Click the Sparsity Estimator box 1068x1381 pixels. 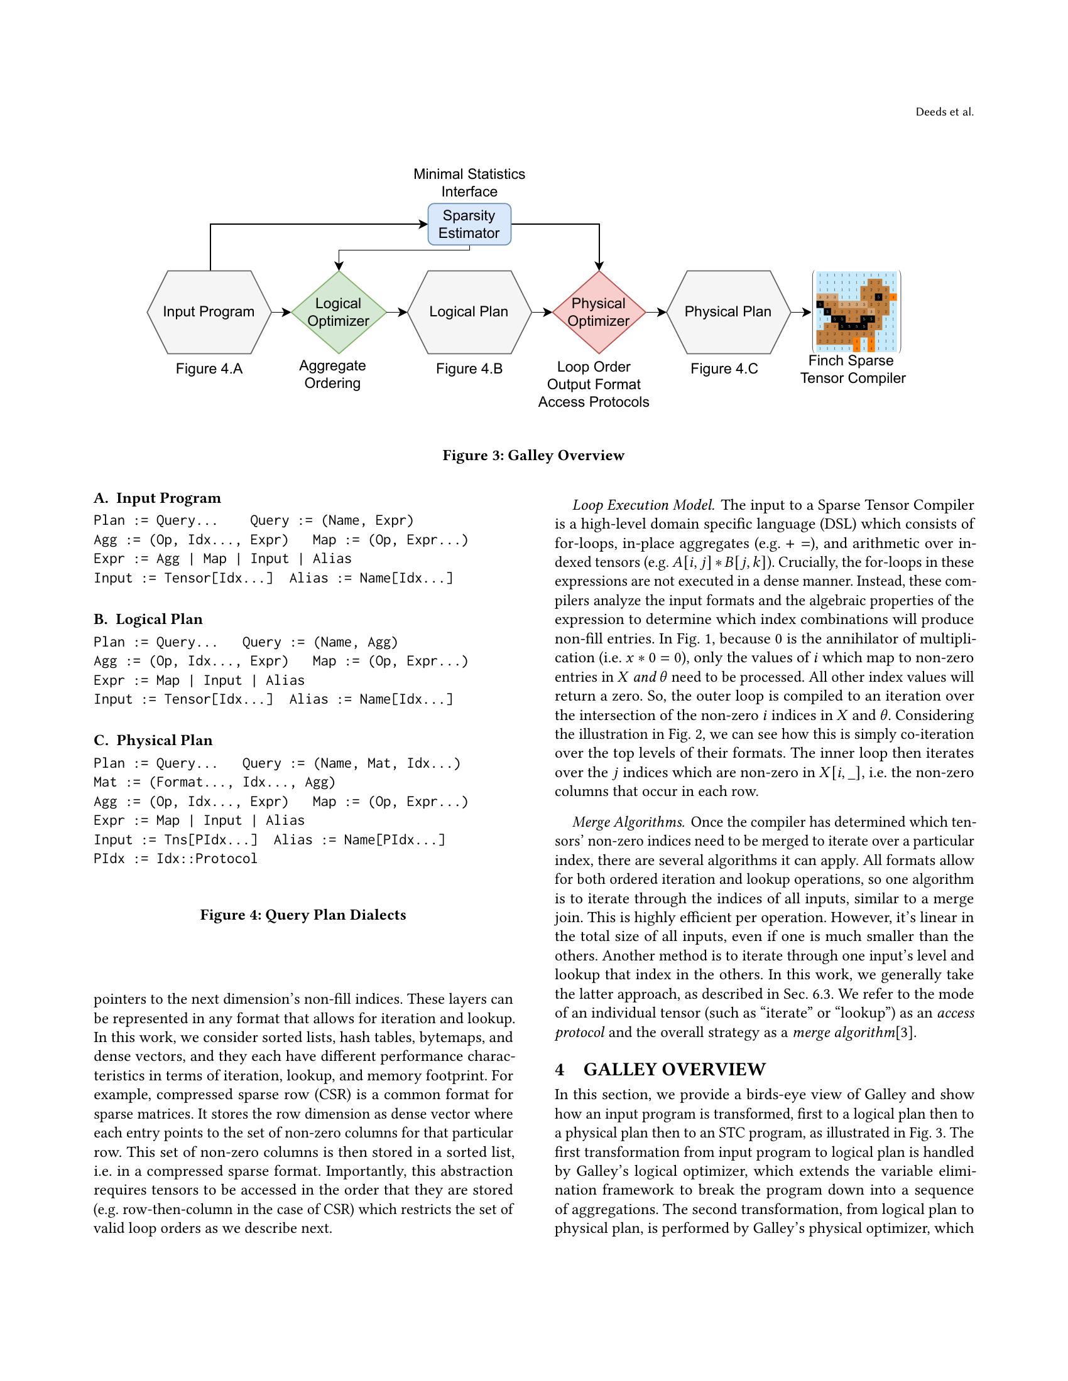pos(469,224)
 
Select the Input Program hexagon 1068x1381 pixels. pos(209,312)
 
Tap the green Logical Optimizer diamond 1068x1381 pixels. pos(339,312)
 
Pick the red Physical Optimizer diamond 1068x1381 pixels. pos(599,312)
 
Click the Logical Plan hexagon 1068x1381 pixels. pos(469,312)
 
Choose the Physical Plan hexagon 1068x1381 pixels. pos(728,312)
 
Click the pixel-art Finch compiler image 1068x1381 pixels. pos(856,312)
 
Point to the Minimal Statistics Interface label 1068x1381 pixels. pos(469,182)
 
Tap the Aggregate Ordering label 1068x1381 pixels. pos(332,374)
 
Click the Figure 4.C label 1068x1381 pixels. pos(724,368)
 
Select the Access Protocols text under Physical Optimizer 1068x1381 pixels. pos(594,402)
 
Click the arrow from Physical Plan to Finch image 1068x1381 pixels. pos(802,312)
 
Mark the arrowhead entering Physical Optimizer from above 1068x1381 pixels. pos(599,266)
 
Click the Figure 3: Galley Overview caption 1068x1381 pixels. pos(533,455)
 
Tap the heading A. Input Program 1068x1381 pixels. pos(158,498)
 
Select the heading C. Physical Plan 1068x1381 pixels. pos(153,740)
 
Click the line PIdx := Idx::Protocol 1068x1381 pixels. pos(176,858)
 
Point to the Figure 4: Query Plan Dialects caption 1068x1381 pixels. pos(303,915)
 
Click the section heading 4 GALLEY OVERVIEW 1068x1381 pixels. pos(660,1069)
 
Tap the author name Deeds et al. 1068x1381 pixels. pos(944,112)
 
